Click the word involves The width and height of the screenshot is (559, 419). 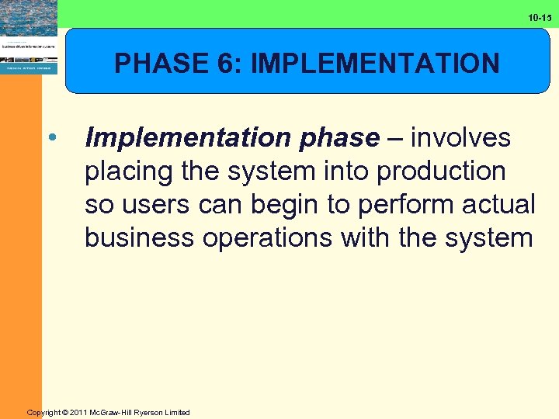coord(460,138)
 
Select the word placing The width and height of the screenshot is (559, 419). coord(129,171)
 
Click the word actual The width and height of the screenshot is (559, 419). coord(501,205)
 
